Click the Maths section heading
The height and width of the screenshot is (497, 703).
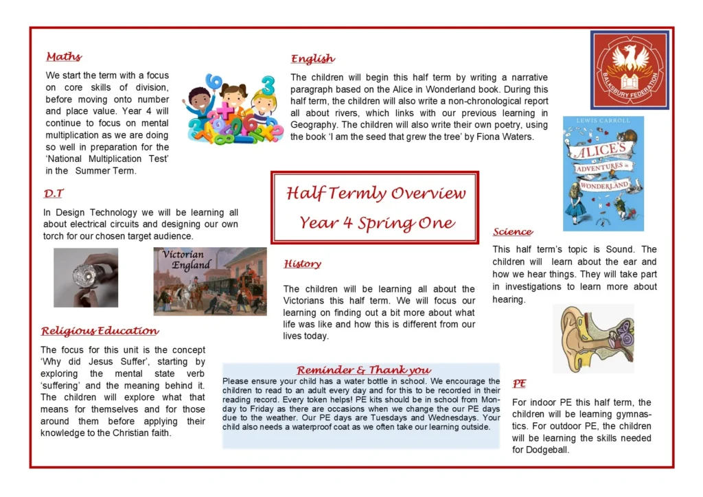click(64, 57)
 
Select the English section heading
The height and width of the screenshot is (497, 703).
click(312, 59)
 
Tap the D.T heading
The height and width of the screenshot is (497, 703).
click(54, 194)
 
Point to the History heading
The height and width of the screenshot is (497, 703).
click(302, 264)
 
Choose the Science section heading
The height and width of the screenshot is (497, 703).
click(513, 232)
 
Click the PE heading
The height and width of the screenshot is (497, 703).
click(519, 384)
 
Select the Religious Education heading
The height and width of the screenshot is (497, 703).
click(100, 331)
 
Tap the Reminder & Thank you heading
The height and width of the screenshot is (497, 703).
click(364, 370)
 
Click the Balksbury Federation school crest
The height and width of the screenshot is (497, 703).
click(630, 70)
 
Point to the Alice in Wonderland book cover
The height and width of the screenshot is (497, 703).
click(603, 174)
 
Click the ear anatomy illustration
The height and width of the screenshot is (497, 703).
click(594, 339)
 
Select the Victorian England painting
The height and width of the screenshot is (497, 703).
click(210, 281)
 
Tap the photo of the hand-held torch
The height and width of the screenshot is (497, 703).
click(86, 278)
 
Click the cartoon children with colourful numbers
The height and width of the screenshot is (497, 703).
click(233, 109)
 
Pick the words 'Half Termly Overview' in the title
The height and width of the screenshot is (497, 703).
click(376, 193)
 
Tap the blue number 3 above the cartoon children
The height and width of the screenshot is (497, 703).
click(268, 85)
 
